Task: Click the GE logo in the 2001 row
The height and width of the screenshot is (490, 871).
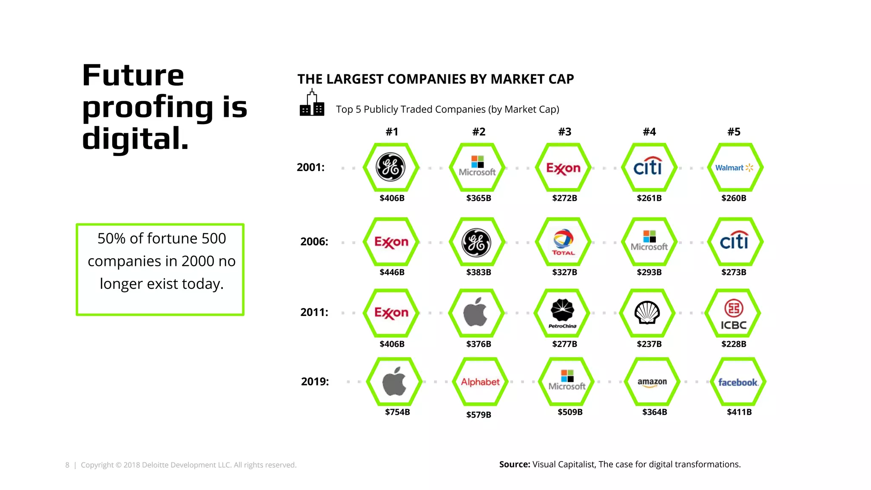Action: (x=390, y=167)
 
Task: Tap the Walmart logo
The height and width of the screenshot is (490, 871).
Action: (x=734, y=168)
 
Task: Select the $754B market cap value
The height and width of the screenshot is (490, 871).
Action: (x=397, y=412)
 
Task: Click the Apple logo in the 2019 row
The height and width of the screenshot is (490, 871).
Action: (x=394, y=382)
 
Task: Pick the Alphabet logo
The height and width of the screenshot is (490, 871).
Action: (x=480, y=382)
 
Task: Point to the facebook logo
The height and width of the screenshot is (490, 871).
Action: (x=738, y=382)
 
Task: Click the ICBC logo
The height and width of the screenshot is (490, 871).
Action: (x=734, y=315)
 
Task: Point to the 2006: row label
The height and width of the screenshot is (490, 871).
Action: (x=314, y=242)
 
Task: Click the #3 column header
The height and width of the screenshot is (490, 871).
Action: (x=564, y=132)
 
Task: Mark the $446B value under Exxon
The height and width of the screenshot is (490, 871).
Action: (x=392, y=272)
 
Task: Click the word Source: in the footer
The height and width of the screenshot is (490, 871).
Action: (x=514, y=464)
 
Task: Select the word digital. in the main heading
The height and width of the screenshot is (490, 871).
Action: (x=135, y=139)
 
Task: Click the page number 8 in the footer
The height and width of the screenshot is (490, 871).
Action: (x=67, y=465)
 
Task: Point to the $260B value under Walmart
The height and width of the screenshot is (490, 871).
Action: (x=734, y=198)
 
